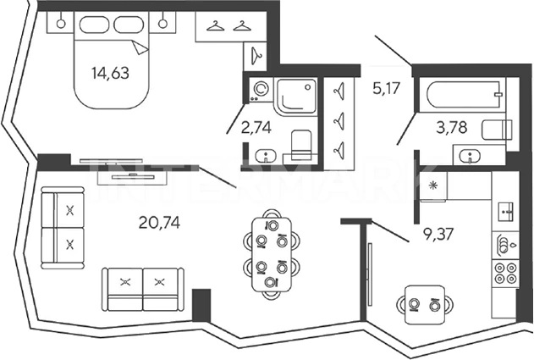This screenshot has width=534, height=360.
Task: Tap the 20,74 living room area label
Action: (x=158, y=224)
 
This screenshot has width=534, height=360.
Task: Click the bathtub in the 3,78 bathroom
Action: (x=465, y=94)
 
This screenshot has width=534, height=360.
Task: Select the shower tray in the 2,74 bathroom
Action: (x=296, y=95)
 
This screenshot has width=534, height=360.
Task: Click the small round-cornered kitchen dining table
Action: (x=421, y=301)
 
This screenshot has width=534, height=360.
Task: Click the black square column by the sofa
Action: (x=201, y=304)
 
